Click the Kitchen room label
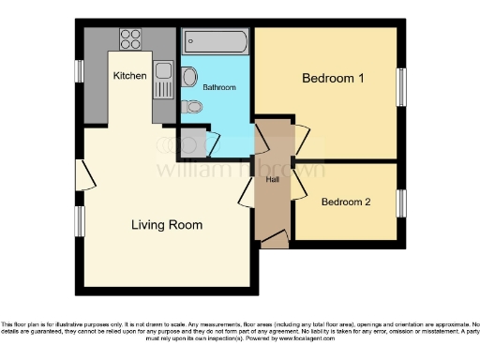click(x=129, y=74)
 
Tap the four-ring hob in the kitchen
click(x=130, y=40)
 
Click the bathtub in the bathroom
click(x=215, y=42)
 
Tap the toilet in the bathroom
click(x=192, y=108)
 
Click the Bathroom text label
click(x=218, y=87)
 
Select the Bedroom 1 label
click(x=332, y=79)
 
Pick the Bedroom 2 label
click(x=346, y=202)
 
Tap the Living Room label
click(x=166, y=225)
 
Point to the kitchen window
click(x=81, y=72)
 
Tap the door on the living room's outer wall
click(x=85, y=174)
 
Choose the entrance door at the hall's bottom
click(x=273, y=242)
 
